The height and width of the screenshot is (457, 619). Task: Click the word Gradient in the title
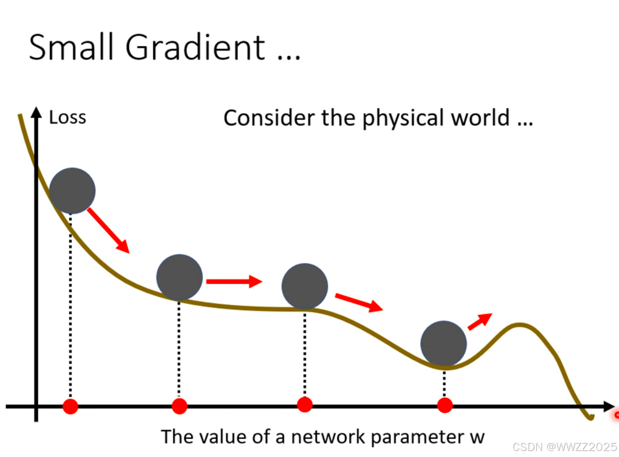195,47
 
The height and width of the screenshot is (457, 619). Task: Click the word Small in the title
71,47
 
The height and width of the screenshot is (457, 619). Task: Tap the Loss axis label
68,118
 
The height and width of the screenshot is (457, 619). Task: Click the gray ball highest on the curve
72,191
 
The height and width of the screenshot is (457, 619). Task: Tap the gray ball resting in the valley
444,344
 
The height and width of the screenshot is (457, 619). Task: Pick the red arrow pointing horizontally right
234,281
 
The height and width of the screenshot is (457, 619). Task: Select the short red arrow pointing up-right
480,321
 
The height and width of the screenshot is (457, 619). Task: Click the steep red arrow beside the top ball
108,230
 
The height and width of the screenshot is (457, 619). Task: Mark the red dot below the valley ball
445,406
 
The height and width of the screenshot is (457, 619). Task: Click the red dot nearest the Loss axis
70,406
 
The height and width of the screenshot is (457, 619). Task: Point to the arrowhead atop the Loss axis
36,113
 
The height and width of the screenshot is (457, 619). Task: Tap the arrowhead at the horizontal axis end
609,406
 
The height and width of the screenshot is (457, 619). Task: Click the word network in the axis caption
328,437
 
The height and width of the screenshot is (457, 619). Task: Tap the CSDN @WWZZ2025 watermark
564,447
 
